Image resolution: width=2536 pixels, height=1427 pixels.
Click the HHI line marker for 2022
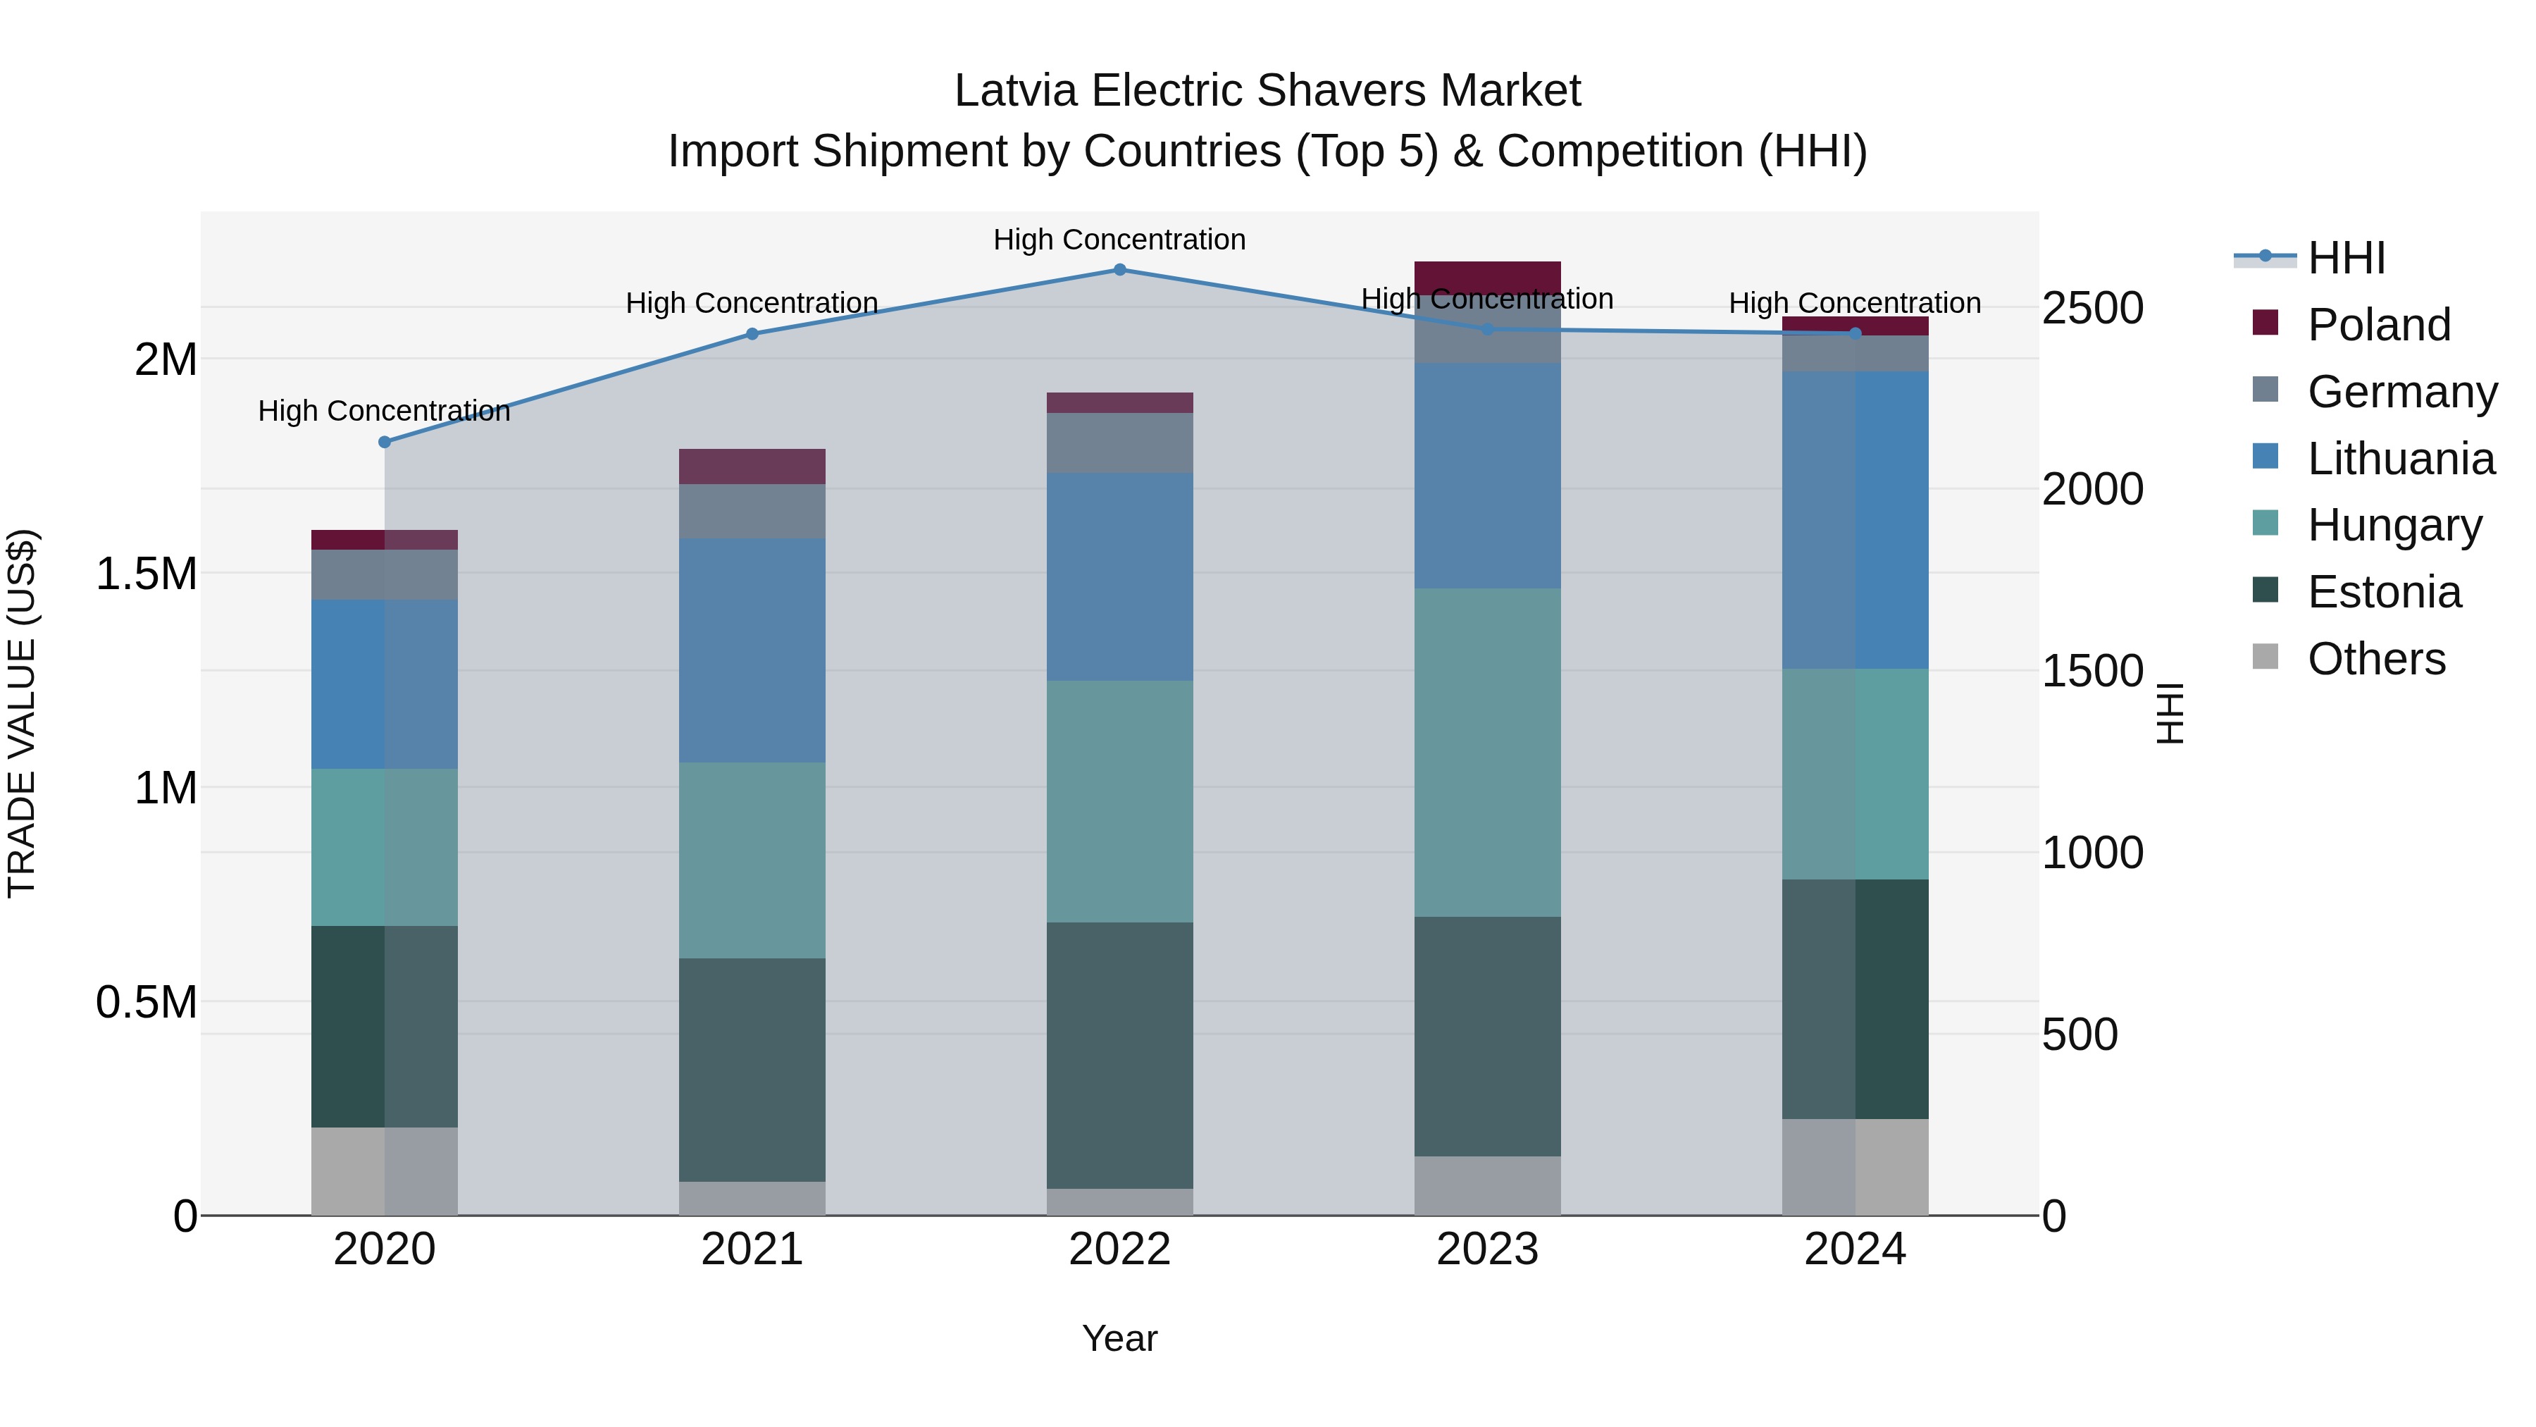[x=1119, y=270]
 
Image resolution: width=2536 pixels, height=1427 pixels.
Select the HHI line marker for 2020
[x=385, y=442]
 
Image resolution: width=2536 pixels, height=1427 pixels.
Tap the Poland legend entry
[x=2377, y=325]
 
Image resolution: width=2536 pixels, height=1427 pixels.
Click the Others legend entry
[x=2375, y=659]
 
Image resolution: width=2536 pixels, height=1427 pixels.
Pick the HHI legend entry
[x=2345, y=258]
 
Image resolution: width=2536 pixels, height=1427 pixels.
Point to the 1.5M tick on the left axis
[x=147, y=573]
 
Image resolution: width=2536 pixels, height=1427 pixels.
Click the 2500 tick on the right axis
[x=2092, y=308]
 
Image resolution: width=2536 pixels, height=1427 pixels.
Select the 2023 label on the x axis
[x=1486, y=1249]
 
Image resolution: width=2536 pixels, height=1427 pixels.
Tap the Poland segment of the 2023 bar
[x=1486, y=277]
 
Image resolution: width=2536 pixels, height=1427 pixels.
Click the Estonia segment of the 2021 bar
[x=752, y=1070]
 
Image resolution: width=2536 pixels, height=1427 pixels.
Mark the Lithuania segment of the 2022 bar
[x=1119, y=577]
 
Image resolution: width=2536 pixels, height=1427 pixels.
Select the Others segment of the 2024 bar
[x=1855, y=1167]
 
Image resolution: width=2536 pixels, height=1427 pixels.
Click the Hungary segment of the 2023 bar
[x=1486, y=753]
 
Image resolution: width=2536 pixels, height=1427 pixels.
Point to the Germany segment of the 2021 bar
[x=752, y=511]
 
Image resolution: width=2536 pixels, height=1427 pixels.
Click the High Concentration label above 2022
[x=1119, y=240]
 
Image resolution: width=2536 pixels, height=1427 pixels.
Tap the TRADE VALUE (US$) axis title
[x=22, y=713]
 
